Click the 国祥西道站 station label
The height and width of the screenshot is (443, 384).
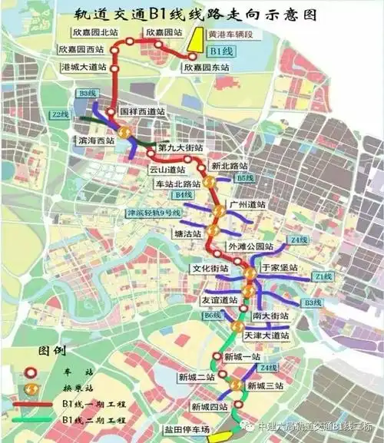pos(143,111)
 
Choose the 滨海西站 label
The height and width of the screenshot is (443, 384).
pos(96,141)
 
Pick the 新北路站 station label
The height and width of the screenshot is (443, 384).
pos(230,166)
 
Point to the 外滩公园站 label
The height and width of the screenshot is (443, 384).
pos(250,246)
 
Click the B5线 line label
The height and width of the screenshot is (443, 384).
pos(244,178)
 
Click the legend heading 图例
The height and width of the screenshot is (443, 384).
pos(51,350)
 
